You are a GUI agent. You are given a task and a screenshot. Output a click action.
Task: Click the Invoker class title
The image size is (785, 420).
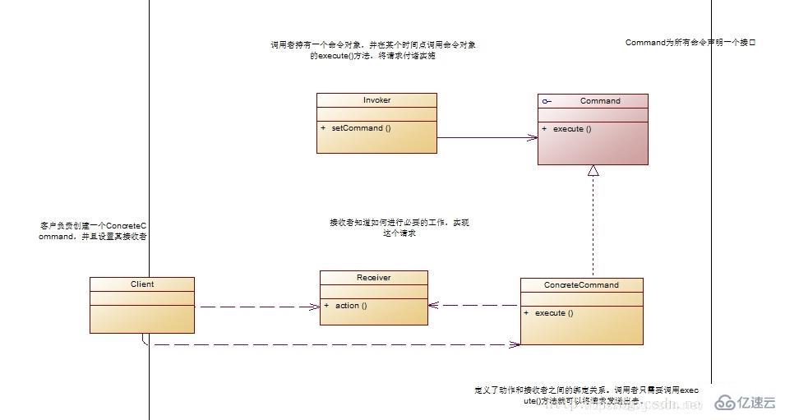(376, 100)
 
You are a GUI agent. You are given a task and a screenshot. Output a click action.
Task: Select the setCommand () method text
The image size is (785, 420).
(362, 128)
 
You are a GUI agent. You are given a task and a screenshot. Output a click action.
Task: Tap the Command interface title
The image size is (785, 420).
(600, 101)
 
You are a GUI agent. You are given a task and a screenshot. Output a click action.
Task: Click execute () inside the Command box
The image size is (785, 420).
(572, 129)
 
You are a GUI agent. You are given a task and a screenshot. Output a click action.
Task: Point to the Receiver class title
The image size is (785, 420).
(373, 278)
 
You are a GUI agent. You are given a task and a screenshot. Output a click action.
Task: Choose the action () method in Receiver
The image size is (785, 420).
(350, 306)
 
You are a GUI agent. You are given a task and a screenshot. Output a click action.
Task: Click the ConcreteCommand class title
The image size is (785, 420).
(581, 285)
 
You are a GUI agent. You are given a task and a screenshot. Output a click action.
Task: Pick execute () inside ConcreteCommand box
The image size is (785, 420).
(554, 313)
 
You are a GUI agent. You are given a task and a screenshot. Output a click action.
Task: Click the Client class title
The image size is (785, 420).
(141, 284)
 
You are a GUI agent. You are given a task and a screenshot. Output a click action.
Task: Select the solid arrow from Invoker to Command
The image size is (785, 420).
(485, 138)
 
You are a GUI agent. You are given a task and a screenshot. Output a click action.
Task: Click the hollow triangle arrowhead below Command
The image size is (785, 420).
(593, 171)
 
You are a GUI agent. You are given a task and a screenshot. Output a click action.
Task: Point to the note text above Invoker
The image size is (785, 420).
(372, 50)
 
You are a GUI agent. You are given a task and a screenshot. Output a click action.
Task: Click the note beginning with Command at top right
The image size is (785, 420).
(690, 42)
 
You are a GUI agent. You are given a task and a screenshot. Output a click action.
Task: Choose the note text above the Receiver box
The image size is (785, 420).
(399, 228)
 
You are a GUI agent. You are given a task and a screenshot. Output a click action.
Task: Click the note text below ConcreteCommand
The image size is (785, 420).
(587, 395)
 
